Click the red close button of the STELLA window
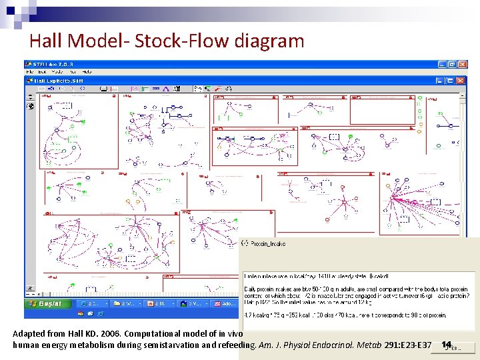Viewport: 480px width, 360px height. (462, 64)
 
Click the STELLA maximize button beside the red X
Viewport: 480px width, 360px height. (452, 64)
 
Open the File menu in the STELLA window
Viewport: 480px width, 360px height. (31, 72)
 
